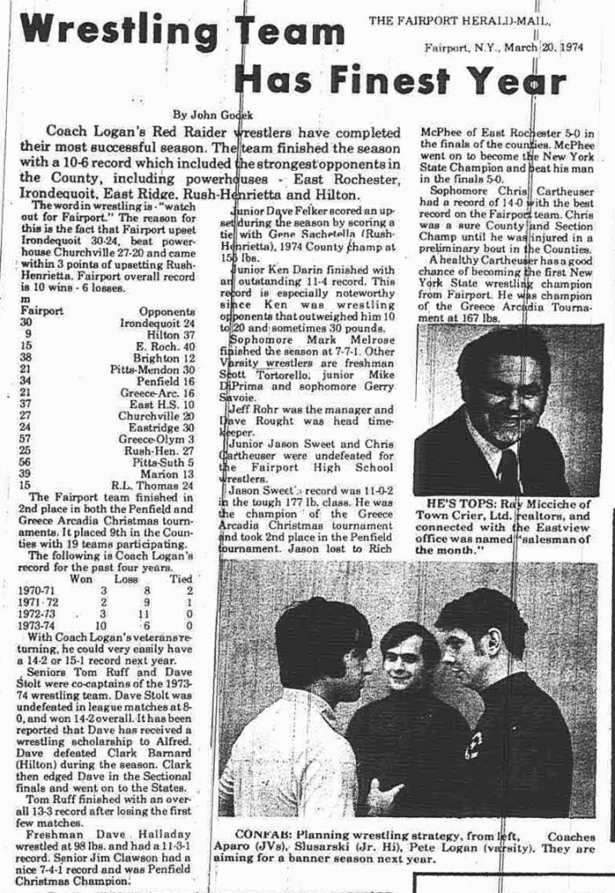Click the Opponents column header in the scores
pyautogui.click(x=167, y=310)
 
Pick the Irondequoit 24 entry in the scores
pyautogui.click(x=157, y=323)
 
